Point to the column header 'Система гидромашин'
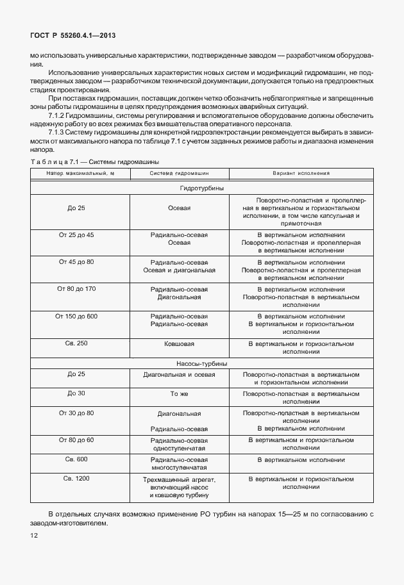point(179,173)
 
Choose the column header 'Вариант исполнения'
point(301,173)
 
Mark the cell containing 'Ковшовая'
point(179,344)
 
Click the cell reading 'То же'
point(179,393)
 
